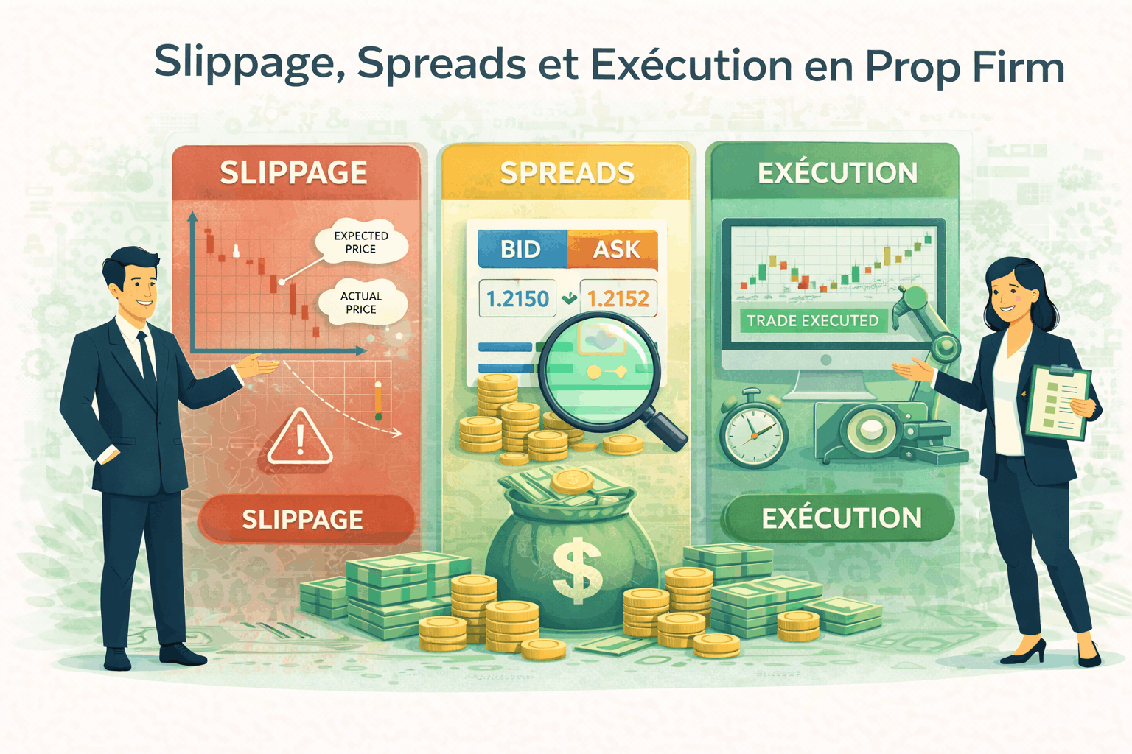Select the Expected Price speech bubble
(x=360, y=242)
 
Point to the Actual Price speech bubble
(x=361, y=303)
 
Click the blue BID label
(x=521, y=250)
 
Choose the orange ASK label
(x=616, y=250)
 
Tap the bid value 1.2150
(x=517, y=299)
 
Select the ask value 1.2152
(x=618, y=299)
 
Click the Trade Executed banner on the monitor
(x=812, y=320)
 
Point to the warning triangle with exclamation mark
(x=300, y=439)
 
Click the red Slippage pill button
(x=303, y=519)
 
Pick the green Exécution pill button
(x=841, y=518)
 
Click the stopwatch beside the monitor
(x=752, y=431)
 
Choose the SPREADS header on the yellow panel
(x=567, y=173)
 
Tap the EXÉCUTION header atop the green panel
(x=837, y=173)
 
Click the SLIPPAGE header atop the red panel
(x=293, y=173)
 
